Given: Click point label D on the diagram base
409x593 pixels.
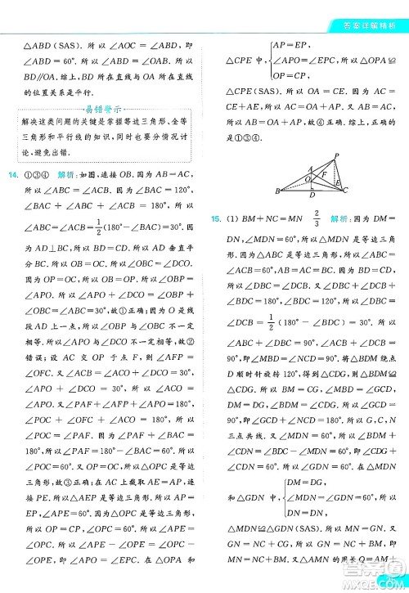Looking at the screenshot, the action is coord(316,196).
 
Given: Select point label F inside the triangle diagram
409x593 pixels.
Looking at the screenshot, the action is coord(324,174).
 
